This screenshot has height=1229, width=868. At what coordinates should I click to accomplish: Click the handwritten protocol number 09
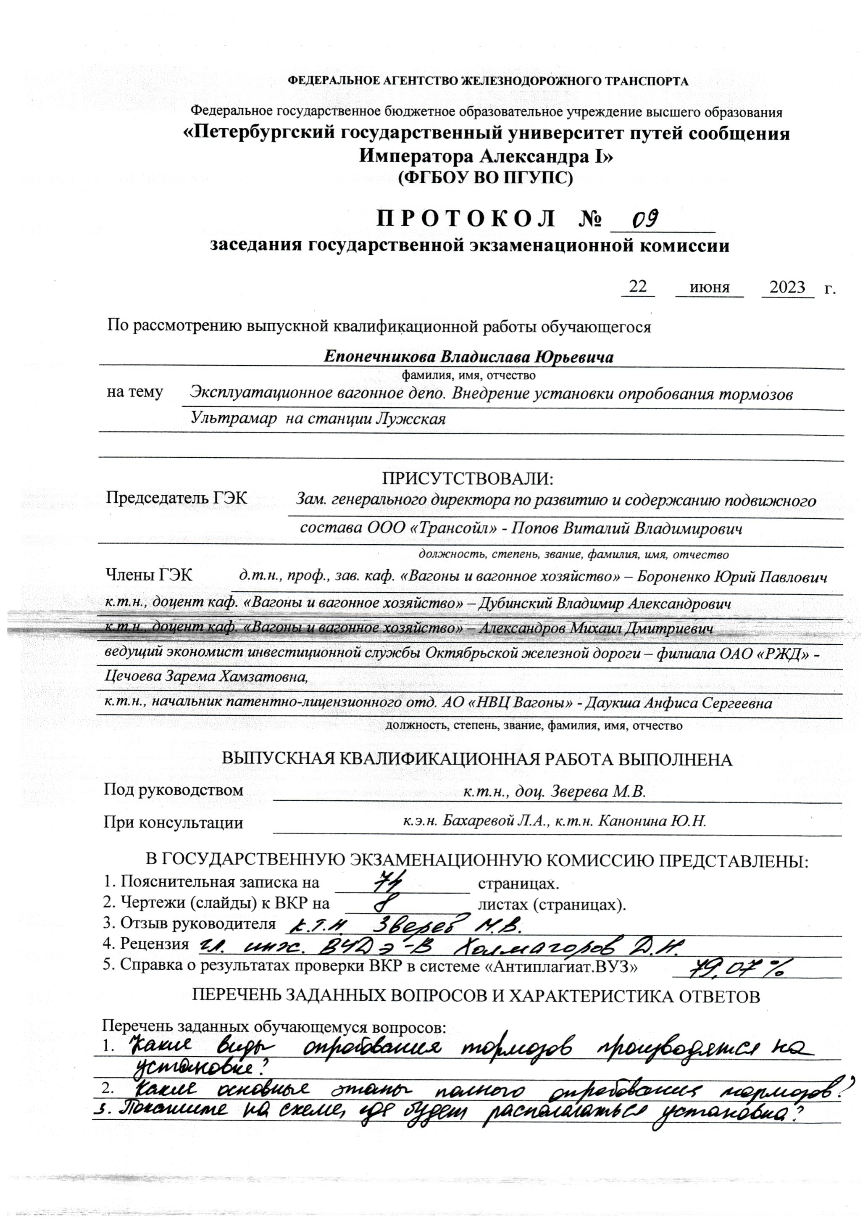[x=644, y=219]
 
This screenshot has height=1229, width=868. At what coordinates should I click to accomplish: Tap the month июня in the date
[x=709, y=287]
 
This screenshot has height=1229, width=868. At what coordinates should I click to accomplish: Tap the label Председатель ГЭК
[x=176, y=498]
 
